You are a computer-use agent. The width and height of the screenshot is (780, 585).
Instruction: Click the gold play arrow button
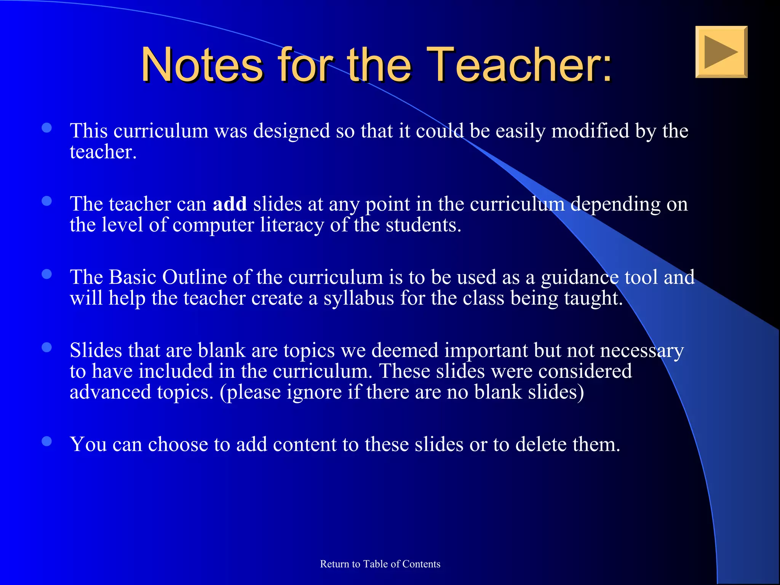721,52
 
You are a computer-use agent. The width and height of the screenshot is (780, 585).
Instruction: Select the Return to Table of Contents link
380,564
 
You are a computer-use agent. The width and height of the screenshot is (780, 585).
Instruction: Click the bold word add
230,204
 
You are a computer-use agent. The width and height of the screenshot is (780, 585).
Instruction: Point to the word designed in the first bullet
292,131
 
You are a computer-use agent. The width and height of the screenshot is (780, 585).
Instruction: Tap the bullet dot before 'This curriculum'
47,128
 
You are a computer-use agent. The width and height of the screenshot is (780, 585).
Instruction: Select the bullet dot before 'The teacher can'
47,201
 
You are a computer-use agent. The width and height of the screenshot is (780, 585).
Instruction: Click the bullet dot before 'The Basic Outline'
47,274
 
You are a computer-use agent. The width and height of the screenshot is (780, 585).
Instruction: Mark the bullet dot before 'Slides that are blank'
47,347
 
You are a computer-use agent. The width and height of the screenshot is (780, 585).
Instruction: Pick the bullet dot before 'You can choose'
47,441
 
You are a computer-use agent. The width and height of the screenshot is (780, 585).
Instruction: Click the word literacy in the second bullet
292,225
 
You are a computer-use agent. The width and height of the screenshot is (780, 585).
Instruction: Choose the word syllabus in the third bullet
359,298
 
